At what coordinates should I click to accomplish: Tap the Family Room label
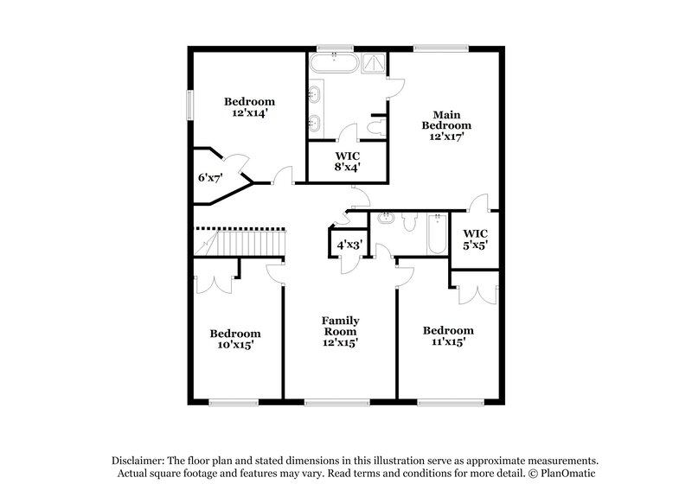[341, 331]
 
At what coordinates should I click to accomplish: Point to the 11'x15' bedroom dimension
[447, 342]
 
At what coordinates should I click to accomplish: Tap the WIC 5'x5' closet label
[476, 239]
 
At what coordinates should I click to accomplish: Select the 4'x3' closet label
[348, 245]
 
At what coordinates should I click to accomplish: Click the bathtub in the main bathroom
[330, 63]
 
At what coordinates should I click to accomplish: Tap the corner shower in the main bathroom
[374, 63]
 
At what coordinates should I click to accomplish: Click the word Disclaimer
[139, 461]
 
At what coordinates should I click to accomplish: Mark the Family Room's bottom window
[336, 401]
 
